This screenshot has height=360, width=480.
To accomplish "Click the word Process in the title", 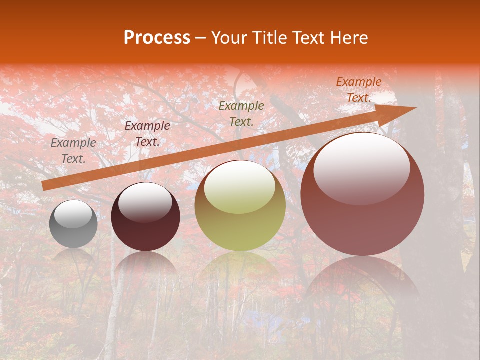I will point(157,38).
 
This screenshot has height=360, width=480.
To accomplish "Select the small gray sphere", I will point(73,224).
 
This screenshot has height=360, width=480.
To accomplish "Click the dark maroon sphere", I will point(145,217).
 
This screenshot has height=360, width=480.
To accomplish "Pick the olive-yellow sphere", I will point(240,206).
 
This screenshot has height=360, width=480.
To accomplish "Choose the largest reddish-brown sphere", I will point(362,195).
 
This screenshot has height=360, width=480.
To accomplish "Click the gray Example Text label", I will point(73,151).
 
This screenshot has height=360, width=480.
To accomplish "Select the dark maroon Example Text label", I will point(147,134).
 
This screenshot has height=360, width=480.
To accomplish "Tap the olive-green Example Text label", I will point(241,113).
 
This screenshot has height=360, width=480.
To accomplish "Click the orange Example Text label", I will point(358,90).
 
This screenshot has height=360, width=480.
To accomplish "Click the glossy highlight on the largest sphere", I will point(361,167).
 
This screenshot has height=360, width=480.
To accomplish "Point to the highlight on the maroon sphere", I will point(145,202).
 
